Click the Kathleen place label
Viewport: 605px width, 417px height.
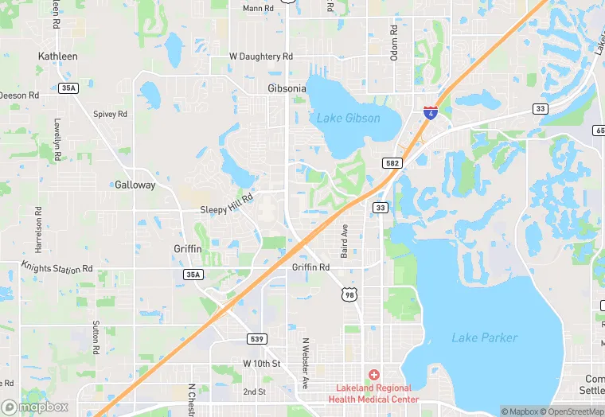click(58, 57)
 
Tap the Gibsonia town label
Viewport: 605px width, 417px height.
click(287, 88)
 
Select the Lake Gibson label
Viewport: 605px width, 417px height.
click(348, 119)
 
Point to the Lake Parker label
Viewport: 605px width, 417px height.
click(484, 337)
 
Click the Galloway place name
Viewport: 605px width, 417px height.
click(135, 185)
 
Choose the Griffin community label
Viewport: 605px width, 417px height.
click(188, 249)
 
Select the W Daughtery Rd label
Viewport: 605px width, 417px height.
click(261, 57)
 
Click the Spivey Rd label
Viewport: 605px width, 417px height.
click(110, 114)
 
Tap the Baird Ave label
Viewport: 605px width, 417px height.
click(345, 240)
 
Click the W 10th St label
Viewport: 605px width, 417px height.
click(262, 364)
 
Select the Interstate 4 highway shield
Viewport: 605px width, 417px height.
click(430, 113)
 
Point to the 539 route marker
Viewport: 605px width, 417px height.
click(256, 339)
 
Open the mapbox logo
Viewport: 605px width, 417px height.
click(35, 407)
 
